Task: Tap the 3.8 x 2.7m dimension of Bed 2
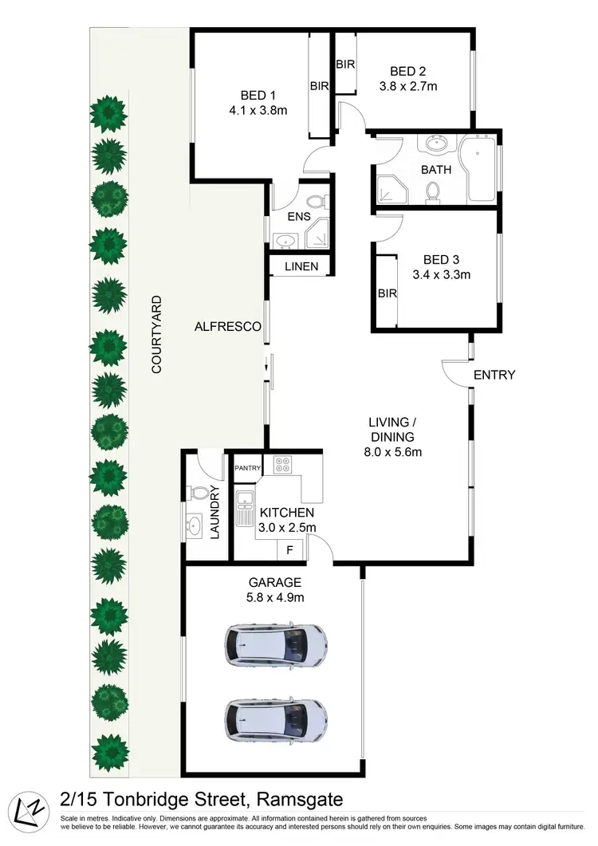click(407, 86)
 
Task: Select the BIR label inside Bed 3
click(388, 293)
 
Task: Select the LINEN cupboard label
click(301, 266)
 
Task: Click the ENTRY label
click(494, 375)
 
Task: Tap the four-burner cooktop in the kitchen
click(285, 464)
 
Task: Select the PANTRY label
click(247, 468)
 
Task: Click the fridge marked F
click(289, 549)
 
